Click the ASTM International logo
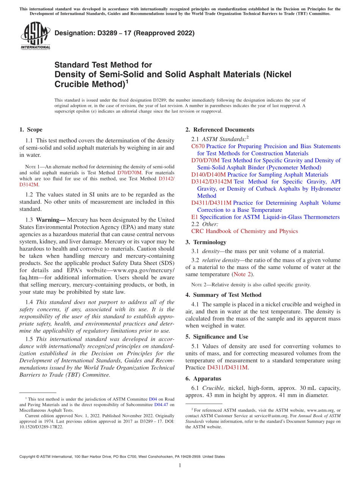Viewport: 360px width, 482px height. pos(35,36)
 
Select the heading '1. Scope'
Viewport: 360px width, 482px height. pos(31,130)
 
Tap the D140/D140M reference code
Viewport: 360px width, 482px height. pos(208,175)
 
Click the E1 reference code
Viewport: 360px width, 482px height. pos(194,217)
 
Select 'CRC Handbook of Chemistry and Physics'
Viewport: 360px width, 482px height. pos(244,231)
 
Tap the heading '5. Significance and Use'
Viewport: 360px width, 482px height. pos(217,336)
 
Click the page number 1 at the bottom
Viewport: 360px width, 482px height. pos(180,466)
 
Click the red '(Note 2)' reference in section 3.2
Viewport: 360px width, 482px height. pos(243,274)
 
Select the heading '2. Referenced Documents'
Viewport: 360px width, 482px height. pos(220,130)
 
